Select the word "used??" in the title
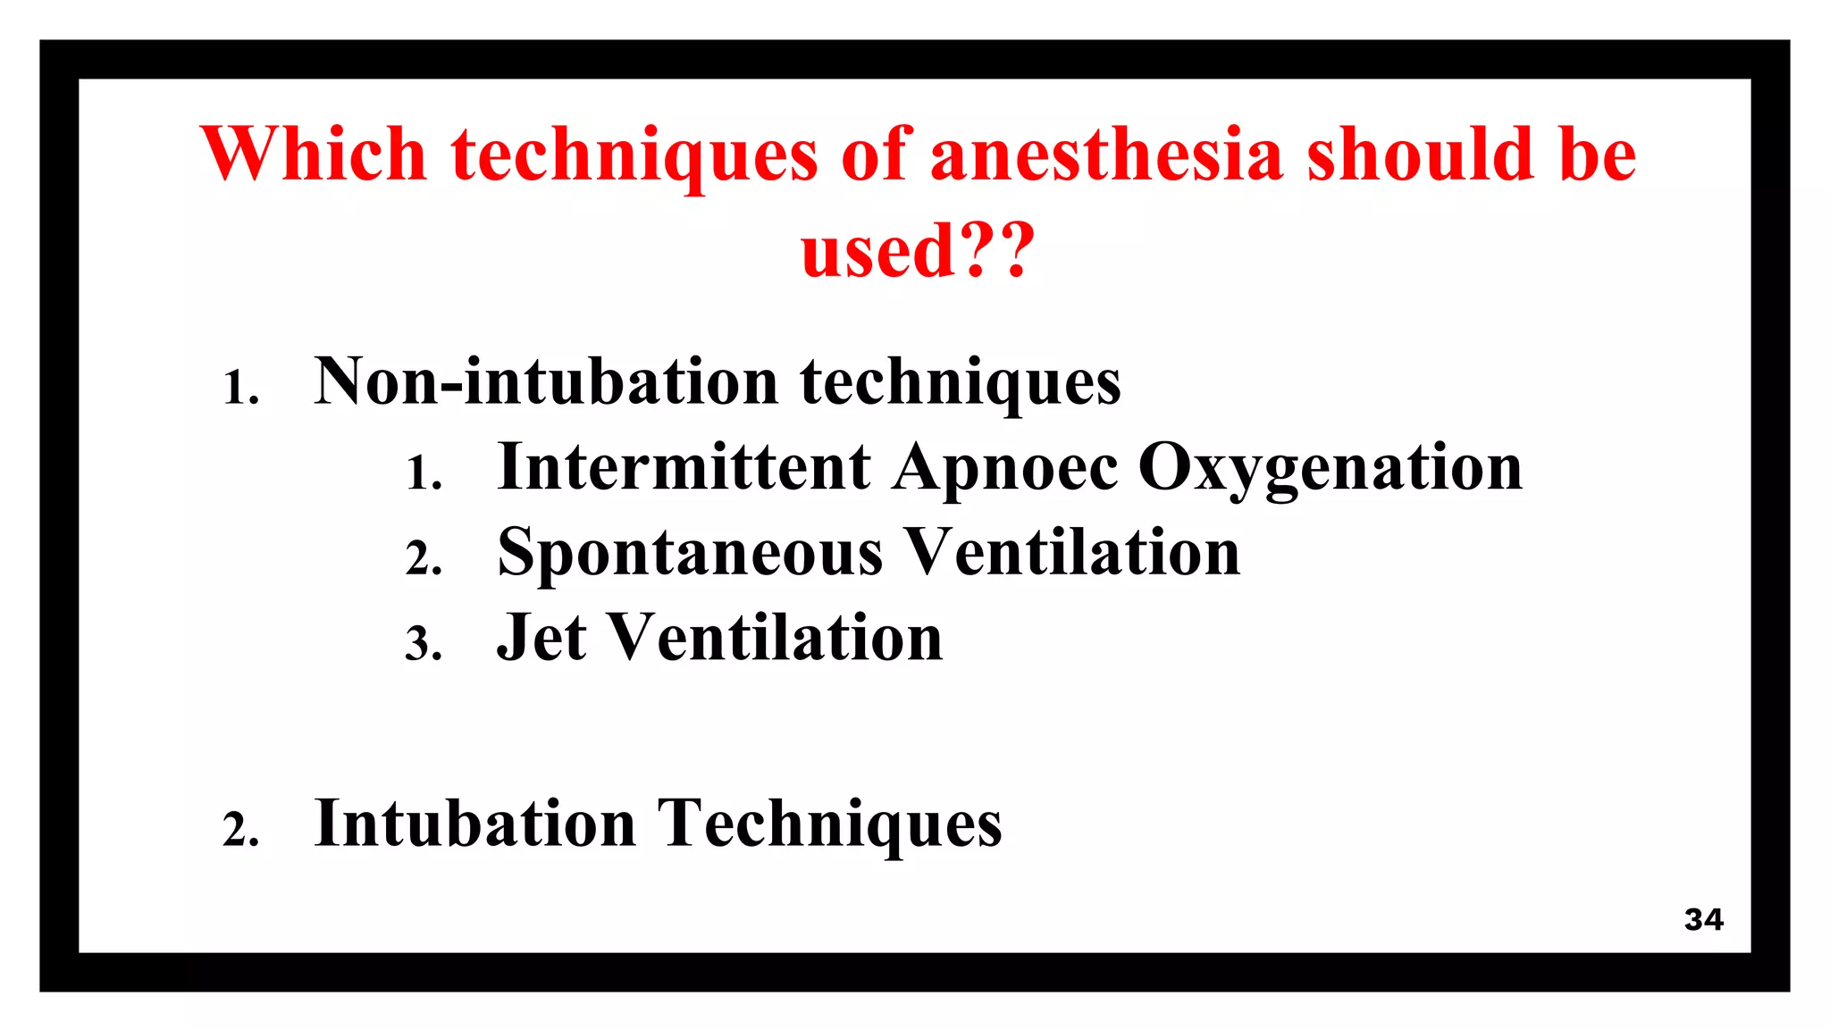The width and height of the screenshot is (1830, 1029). (918, 251)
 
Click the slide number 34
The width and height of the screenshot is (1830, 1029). (1703, 919)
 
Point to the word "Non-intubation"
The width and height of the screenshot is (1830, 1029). (546, 381)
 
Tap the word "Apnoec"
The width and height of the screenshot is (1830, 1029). (1005, 468)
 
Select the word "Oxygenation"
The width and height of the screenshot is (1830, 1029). (1331, 468)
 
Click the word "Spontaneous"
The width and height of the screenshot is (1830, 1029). (690, 553)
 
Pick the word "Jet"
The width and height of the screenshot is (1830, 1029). (541, 638)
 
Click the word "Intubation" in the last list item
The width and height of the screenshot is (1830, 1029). (475, 823)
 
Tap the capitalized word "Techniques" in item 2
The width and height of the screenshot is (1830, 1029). (829, 824)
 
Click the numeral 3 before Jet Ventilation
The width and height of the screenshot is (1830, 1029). (420, 644)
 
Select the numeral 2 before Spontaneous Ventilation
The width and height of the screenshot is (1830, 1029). (420, 559)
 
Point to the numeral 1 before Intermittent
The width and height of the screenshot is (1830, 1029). (421, 473)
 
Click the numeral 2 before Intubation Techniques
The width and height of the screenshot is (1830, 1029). (238, 830)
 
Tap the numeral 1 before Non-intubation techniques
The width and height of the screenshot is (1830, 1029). (238, 389)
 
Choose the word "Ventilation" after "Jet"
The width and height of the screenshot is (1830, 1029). (775, 638)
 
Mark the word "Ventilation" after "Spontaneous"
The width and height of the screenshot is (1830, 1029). (1073, 552)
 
